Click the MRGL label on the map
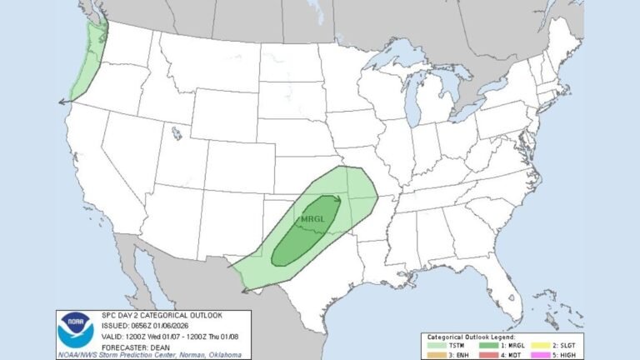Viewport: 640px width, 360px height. (310, 218)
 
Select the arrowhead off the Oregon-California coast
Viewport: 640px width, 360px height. (61, 101)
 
